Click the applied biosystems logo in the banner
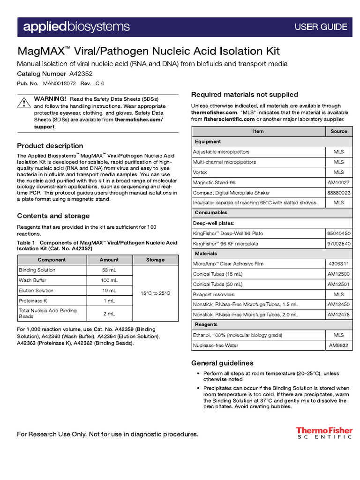(77, 27)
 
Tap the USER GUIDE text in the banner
(321, 27)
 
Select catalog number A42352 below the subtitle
(81, 74)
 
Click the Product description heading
(50, 146)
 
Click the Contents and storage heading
(53, 216)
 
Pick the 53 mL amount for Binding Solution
(109, 270)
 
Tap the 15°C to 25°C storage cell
(155, 293)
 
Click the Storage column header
(155, 260)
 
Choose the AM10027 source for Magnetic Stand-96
(338, 182)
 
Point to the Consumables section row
(211, 213)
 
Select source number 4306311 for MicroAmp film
(338, 264)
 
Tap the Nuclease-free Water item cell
(215, 345)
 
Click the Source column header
(338, 131)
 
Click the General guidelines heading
(222, 363)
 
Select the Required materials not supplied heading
(244, 95)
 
